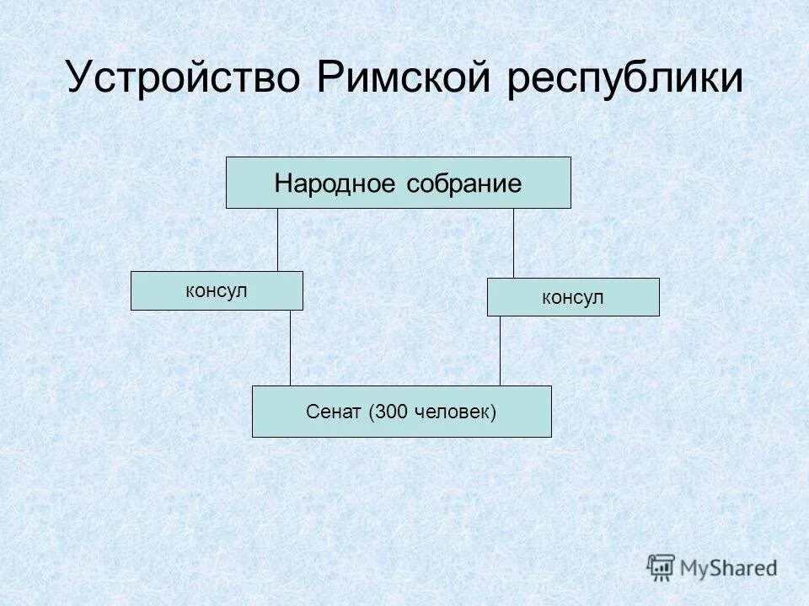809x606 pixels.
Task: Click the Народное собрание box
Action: [398, 183]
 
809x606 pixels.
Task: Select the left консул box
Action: [217, 290]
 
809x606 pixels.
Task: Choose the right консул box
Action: [573, 297]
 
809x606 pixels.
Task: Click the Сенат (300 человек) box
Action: [401, 412]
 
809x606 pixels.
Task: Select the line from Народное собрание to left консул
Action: [277, 240]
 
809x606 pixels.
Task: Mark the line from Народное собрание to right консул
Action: [513, 243]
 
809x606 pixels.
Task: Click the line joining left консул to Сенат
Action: [290, 348]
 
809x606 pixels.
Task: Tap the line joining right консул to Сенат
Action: [500, 351]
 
